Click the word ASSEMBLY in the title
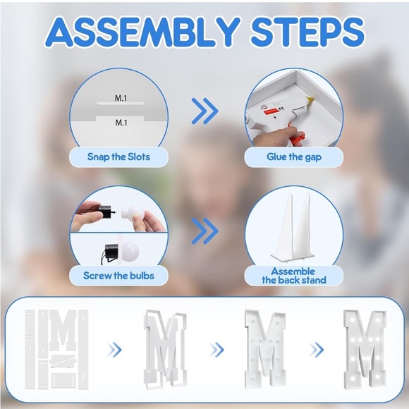[143, 32]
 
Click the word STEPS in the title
[307, 32]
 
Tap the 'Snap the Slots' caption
[118, 157]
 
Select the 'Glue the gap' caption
[294, 157]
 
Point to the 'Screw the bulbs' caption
[118, 276]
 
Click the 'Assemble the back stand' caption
[294, 276]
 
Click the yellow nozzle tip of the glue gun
[310, 99]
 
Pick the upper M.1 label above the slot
[121, 98]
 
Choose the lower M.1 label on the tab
[121, 122]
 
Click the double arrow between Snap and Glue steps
[204, 111]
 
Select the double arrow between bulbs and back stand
[204, 231]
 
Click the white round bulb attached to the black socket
[130, 251]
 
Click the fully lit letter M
[364, 348]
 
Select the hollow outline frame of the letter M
[166, 349]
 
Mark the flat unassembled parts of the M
[56, 349]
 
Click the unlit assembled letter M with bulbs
[265, 348]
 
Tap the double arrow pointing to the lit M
[317, 350]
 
